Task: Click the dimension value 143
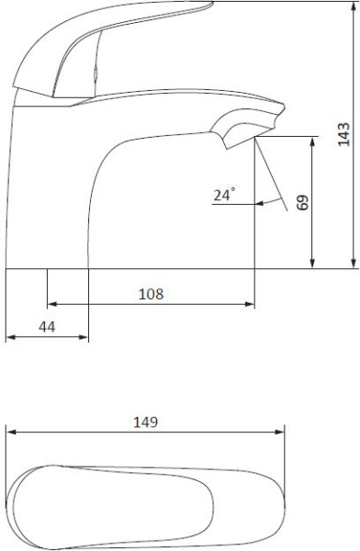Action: [343, 134]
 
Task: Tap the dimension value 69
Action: [303, 202]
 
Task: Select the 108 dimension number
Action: [152, 294]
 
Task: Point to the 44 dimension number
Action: [47, 327]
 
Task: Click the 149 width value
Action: [145, 422]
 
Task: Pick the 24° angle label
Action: [225, 195]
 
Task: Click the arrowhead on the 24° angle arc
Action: [260, 204]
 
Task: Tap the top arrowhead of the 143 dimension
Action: [354, 6]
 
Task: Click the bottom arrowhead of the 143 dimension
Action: [354, 264]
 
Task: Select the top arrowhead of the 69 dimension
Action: [312, 142]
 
